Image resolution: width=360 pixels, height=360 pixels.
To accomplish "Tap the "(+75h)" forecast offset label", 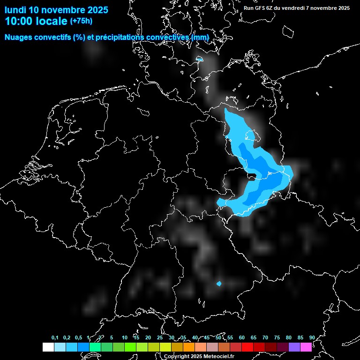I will [81, 21].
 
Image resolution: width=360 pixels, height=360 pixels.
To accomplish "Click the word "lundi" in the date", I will [15, 10].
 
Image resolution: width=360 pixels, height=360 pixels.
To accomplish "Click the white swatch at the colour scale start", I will [48, 347].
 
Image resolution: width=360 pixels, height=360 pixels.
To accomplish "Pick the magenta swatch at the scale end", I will [306, 347].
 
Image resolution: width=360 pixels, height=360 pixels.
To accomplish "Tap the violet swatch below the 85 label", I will [294, 347].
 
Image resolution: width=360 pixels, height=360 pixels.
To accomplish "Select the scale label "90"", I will [312, 337].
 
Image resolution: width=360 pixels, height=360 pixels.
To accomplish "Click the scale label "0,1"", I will [55, 337].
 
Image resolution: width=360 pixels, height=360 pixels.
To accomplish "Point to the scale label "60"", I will [242, 337].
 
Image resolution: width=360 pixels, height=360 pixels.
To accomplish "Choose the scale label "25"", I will [160, 337].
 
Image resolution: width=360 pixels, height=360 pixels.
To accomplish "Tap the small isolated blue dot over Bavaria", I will [219, 284].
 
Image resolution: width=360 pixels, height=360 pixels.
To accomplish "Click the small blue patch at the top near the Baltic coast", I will [200, 60].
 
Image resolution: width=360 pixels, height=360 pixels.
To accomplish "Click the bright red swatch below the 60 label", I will [247, 347].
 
